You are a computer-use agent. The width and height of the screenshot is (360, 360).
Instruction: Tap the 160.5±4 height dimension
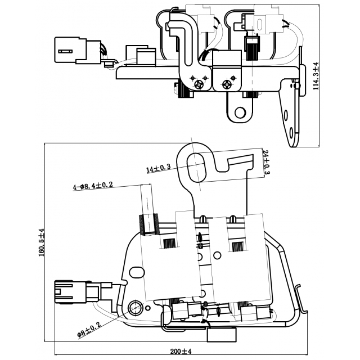pyautogui.click(x=40, y=242)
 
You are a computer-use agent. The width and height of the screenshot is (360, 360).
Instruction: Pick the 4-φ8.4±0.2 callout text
pyautogui.click(x=93, y=185)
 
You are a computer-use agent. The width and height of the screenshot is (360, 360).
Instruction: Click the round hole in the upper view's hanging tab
pyautogui.click(x=240, y=112)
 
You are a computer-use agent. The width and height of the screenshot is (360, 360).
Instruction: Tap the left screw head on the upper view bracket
pyautogui.click(x=198, y=84)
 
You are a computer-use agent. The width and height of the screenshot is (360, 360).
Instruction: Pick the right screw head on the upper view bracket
pyautogui.click(x=227, y=84)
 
